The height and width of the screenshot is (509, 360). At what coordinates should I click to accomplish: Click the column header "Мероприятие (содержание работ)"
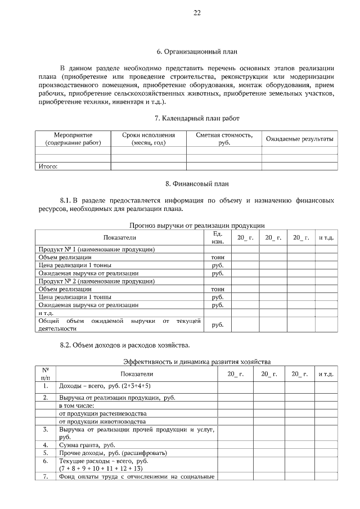(x=73, y=139)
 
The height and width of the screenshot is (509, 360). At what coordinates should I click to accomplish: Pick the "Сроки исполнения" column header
(x=148, y=139)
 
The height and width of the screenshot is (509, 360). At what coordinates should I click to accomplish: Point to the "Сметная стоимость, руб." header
(x=224, y=139)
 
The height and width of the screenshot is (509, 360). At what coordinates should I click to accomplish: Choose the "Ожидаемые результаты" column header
(x=299, y=139)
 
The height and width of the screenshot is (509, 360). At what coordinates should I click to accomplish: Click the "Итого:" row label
(x=48, y=166)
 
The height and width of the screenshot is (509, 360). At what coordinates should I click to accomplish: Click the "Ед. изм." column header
(x=218, y=237)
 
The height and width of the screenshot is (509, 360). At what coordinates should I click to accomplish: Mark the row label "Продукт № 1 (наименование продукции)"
(x=96, y=249)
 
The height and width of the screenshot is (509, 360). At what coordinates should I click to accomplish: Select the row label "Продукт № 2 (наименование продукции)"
(x=96, y=281)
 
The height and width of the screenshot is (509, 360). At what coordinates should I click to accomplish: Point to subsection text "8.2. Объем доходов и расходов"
(x=124, y=345)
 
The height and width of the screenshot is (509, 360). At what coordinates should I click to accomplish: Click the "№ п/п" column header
(x=45, y=373)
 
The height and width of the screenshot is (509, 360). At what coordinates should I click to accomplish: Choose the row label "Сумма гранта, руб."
(x=83, y=445)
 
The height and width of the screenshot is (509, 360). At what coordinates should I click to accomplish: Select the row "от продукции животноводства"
(x=102, y=421)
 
